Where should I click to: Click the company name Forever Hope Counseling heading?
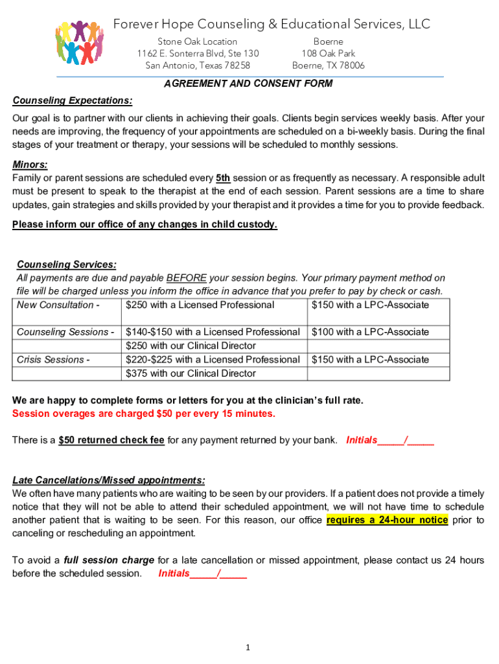point(272,25)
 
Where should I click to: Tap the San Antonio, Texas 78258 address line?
point(198,65)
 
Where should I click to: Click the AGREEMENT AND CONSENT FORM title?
point(248,84)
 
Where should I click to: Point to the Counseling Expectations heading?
point(73,101)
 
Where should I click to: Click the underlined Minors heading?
point(30,164)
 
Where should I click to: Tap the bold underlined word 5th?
point(223,178)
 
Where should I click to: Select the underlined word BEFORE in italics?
point(186,278)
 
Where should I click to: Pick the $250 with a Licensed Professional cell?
point(200,305)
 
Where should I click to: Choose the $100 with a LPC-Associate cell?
point(370,332)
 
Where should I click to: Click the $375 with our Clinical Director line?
point(191,373)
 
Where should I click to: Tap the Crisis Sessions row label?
point(53,359)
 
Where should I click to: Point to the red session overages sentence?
point(144,414)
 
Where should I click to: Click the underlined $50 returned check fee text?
point(111,440)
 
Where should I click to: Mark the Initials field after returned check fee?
point(390,440)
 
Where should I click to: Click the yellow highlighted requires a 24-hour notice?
point(387,520)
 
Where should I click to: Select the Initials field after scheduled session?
point(202,573)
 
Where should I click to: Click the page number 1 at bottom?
point(248,647)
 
